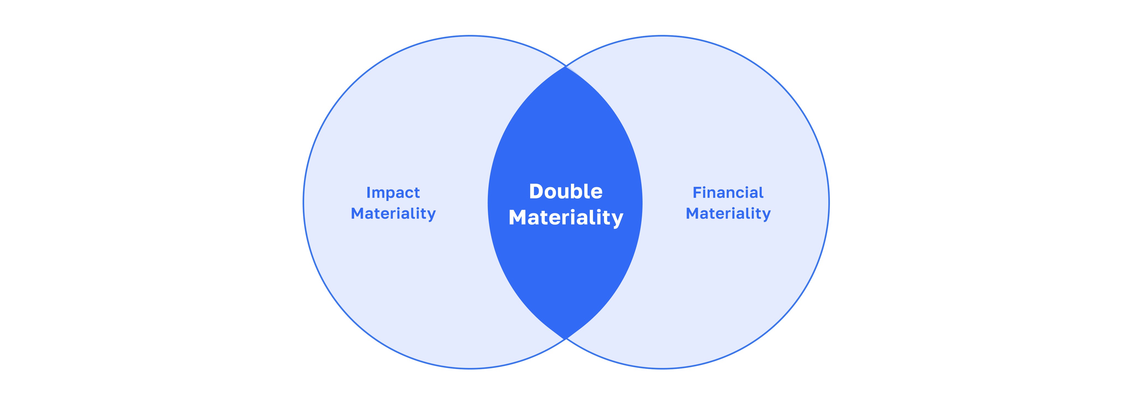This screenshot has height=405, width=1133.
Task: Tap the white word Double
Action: (566, 191)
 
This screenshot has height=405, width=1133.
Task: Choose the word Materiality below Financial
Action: (728, 214)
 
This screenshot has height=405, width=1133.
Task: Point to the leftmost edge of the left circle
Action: (303, 202)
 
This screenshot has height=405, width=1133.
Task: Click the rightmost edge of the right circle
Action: (829, 202)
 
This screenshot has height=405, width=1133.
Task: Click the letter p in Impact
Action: (388, 194)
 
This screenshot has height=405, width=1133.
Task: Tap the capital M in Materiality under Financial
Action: (693, 214)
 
